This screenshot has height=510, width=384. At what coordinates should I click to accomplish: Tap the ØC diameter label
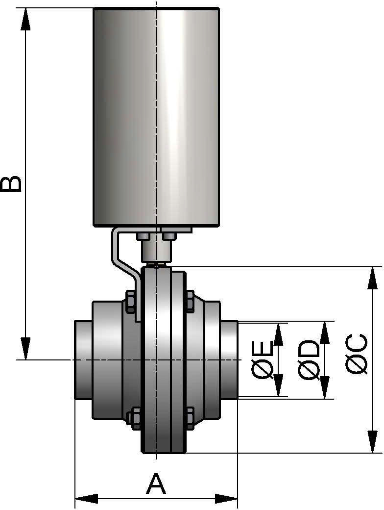[x=357, y=355]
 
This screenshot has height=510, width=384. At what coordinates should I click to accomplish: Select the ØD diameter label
[x=309, y=360]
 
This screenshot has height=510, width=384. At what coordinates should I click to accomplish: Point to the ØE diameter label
[x=263, y=360]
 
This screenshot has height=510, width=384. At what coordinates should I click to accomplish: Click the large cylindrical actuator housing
[x=156, y=118]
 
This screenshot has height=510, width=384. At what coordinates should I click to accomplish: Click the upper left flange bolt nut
[x=131, y=301]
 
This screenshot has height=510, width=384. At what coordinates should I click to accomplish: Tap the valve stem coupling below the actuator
[x=155, y=252]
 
